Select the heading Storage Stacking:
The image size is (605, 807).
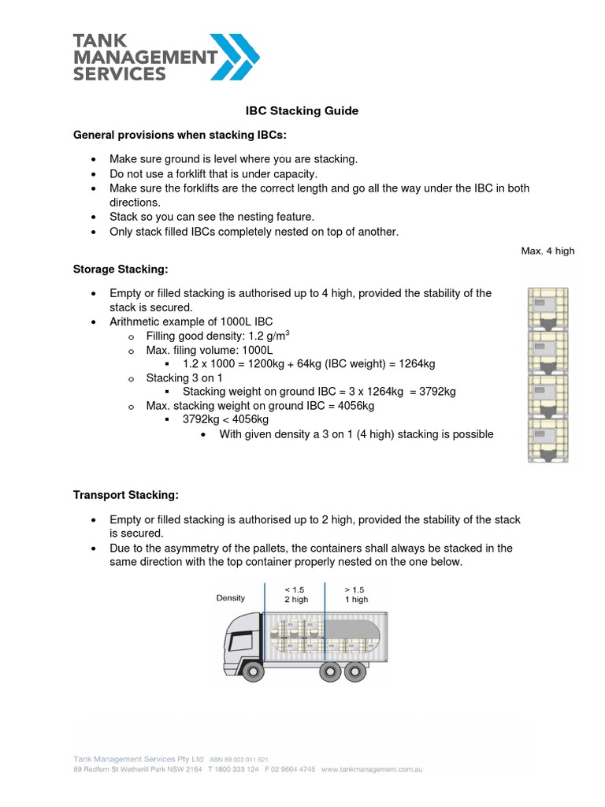point(121,270)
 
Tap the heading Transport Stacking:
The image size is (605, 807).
point(126,495)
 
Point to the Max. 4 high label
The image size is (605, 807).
point(547,251)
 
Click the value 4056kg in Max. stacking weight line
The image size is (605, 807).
point(350,406)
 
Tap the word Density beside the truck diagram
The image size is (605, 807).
point(231,598)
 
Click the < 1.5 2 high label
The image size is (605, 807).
point(296,593)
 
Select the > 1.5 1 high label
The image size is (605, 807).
point(356,593)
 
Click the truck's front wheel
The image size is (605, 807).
point(252,671)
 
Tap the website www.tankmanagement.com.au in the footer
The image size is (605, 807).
point(372,769)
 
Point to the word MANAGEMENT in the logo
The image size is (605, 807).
point(144,57)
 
